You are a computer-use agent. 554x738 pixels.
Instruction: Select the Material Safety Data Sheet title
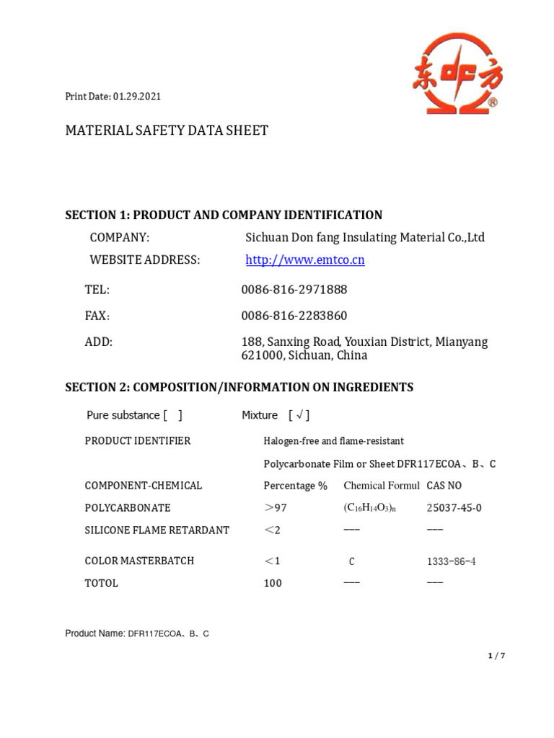click(167, 130)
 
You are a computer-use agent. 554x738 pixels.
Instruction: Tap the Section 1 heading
click(224, 215)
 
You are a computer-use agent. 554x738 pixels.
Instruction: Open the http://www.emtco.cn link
click(305, 260)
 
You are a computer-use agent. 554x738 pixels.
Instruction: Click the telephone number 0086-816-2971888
click(294, 290)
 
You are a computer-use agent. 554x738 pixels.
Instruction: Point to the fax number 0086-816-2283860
click(294, 316)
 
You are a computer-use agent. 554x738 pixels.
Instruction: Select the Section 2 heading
click(239, 387)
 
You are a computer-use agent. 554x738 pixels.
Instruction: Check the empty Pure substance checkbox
click(173, 415)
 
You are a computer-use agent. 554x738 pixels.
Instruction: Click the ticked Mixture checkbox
click(299, 415)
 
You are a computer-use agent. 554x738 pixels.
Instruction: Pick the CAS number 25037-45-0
click(454, 508)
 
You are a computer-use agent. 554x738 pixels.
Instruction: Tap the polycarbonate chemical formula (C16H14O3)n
click(370, 508)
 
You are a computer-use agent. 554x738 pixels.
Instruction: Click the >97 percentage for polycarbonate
click(275, 508)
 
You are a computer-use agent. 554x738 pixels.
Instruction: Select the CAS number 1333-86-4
click(451, 561)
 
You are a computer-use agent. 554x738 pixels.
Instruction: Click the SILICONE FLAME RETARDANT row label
click(157, 530)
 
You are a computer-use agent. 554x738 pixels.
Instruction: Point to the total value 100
click(273, 583)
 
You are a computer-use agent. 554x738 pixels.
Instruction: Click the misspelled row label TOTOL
click(101, 583)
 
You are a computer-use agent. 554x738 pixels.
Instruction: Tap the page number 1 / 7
click(496, 655)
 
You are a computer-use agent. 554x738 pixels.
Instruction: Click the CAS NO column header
click(444, 486)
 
